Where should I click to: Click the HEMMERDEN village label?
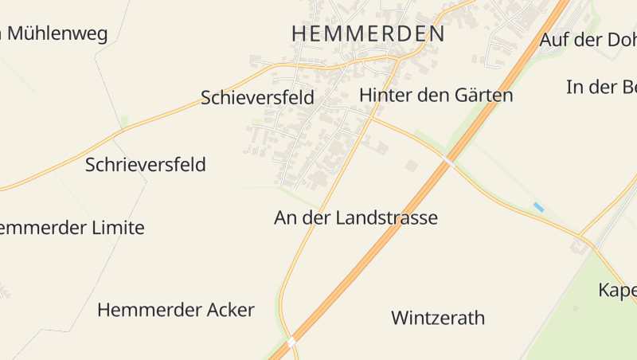click(368, 33)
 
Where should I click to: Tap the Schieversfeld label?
click(257, 97)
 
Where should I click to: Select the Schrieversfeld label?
click(145, 165)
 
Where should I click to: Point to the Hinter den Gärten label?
click(436, 95)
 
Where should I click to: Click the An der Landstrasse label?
click(356, 217)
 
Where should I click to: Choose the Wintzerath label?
click(438, 318)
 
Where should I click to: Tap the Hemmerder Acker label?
click(175, 310)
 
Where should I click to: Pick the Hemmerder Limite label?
click(72, 228)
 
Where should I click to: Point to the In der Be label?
click(601, 87)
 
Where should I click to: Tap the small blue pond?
click(538, 207)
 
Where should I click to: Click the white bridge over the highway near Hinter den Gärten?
click(449, 162)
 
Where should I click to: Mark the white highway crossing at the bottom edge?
click(291, 342)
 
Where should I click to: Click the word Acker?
click(228, 310)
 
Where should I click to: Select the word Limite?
click(117, 228)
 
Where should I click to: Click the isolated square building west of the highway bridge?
click(412, 166)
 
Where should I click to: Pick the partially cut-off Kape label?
click(617, 290)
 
